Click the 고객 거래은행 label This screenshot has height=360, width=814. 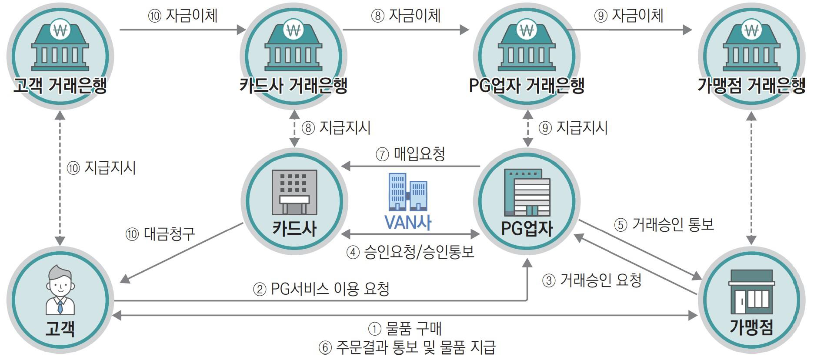pyautogui.click(x=60, y=85)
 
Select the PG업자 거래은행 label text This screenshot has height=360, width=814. pyautogui.click(x=527, y=85)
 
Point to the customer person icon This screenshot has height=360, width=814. pyautogui.click(x=60, y=289)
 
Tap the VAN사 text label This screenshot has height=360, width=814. pyautogui.click(x=408, y=222)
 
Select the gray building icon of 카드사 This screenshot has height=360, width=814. pyautogui.click(x=294, y=192)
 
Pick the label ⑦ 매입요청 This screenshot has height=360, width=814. pyautogui.click(x=410, y=154)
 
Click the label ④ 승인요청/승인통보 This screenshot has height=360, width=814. pyautogui.click(x=410, y=252)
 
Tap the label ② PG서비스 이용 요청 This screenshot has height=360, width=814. pyautogui.click(x=321, y=289)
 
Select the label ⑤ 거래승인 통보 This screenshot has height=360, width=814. pyautogui.click(x=664, y=224)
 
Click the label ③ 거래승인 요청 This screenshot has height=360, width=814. pyautogui.click(x=592, y=280)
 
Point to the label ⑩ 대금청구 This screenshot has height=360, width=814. pyautogui.click(x=160, y=234)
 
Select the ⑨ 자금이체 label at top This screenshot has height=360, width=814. pyautogui.click(x=628, y=16)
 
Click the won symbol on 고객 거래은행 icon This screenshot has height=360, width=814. pyautogui.click(x=60, y=30)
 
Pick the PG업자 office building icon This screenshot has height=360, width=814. pyautogui.click(x=527, y=192)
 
